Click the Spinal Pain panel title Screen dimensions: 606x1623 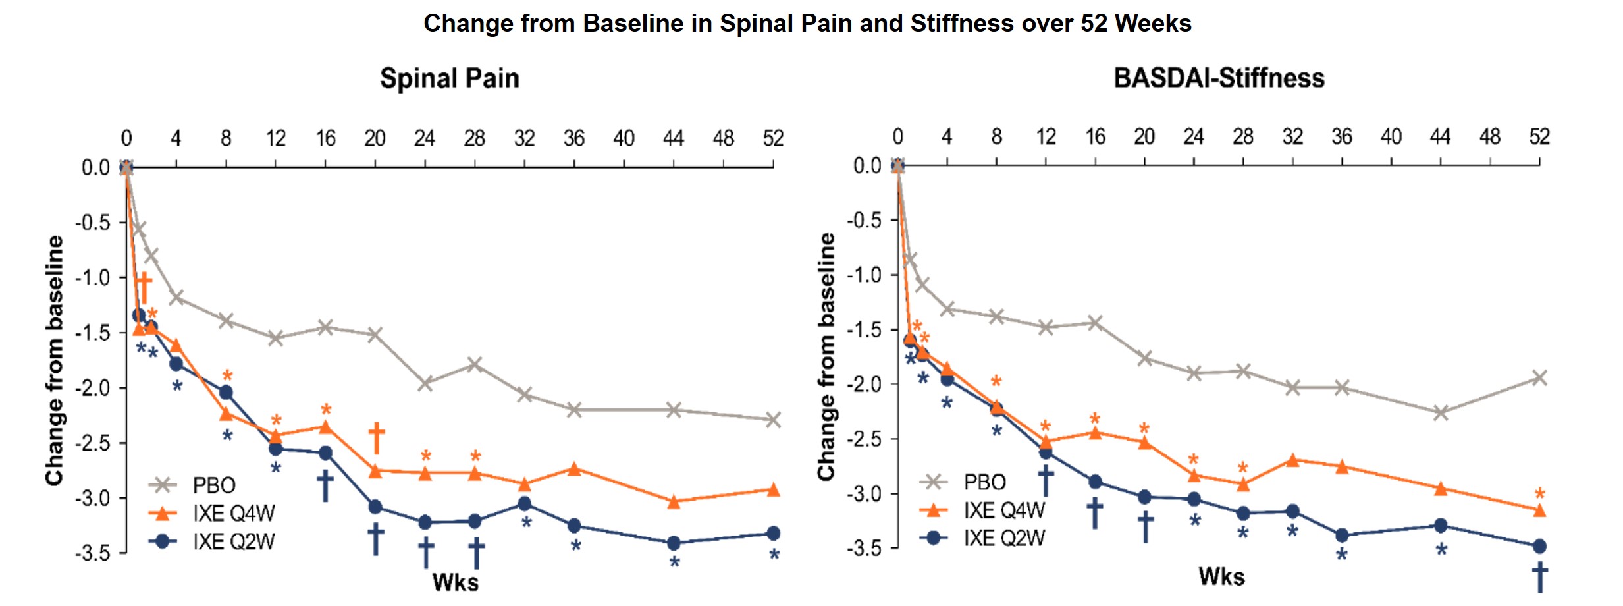point(450,78)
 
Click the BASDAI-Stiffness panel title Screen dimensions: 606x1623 point(1219,78)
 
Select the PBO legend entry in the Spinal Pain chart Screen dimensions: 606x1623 point(213,485)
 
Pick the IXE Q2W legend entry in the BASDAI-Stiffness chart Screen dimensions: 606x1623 point(1003,538)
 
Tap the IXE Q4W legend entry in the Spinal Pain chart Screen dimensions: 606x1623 point(233,513)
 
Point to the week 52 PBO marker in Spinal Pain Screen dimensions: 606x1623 point(774,420)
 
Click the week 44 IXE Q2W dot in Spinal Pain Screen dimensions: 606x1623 point(674,543)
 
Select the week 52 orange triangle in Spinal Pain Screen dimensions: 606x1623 point(774,490)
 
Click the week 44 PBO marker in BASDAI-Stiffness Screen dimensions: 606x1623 point(1441,413)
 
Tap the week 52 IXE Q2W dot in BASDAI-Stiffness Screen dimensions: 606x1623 point(1539,546)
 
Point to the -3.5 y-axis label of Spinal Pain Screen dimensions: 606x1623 point(92,553)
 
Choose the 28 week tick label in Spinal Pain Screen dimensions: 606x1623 point(474,138)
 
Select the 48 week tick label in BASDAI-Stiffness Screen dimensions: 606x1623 point(1490,136)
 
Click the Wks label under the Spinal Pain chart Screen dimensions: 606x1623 point(455,582)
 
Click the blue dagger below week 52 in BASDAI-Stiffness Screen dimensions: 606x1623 point(1539,577)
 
